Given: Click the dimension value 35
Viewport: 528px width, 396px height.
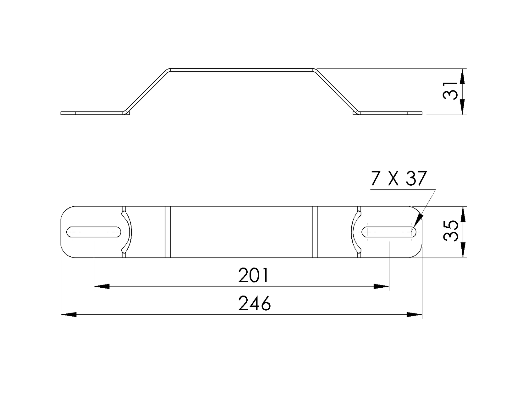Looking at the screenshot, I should (x=450, y=232).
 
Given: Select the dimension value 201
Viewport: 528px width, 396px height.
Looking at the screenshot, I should (x=253, y=276).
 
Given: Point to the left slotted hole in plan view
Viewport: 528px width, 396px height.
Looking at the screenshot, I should (x=94, y=232).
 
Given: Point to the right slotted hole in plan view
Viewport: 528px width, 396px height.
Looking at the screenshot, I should (x=389, y=232).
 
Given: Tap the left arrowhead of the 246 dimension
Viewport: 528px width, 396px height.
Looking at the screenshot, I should (x=68, y=314).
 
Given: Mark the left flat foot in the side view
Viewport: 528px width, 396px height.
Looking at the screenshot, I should (x=91, y=113).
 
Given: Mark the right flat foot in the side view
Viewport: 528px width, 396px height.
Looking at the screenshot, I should (x=390, y=113).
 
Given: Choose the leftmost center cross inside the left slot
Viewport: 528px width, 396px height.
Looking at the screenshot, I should (x=72, y=232).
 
